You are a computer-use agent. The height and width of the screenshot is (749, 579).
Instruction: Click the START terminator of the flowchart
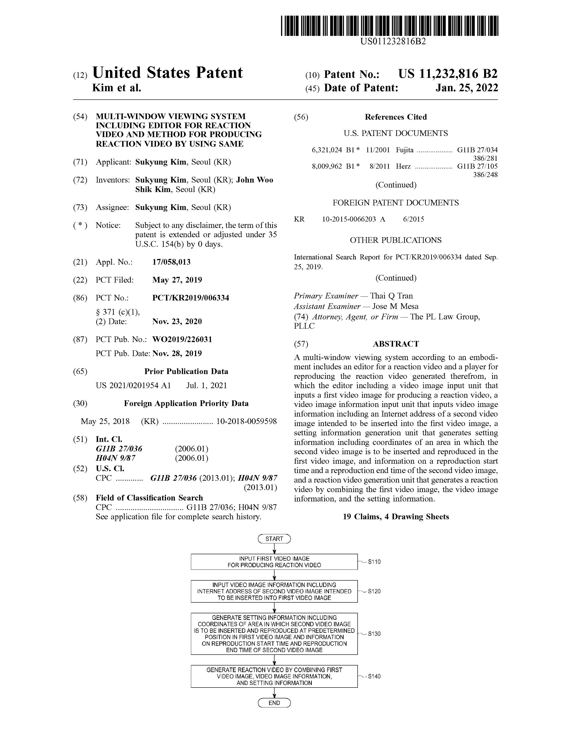coord(274,539)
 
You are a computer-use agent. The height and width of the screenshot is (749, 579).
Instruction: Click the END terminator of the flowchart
coord(274,703)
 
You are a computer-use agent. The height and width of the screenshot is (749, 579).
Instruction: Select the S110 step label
coord(374,562)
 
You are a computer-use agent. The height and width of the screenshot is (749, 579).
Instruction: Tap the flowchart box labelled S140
coord(274,676)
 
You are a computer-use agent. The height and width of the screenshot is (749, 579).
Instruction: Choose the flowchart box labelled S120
coord(274,591)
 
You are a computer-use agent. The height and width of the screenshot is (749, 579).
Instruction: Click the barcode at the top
coord(389,26)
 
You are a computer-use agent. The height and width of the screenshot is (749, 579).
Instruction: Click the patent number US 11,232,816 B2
coord(448,74)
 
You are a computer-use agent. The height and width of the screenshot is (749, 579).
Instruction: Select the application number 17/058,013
coord(171,262)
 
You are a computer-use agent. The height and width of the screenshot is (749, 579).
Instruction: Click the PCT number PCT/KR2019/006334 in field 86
coord(190,298)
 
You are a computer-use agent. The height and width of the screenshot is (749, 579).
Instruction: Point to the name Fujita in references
coord(404,150)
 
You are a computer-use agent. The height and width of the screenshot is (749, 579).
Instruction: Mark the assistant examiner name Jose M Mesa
coord(395,306)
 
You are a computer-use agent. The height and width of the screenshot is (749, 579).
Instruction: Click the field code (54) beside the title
coord(80,117)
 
